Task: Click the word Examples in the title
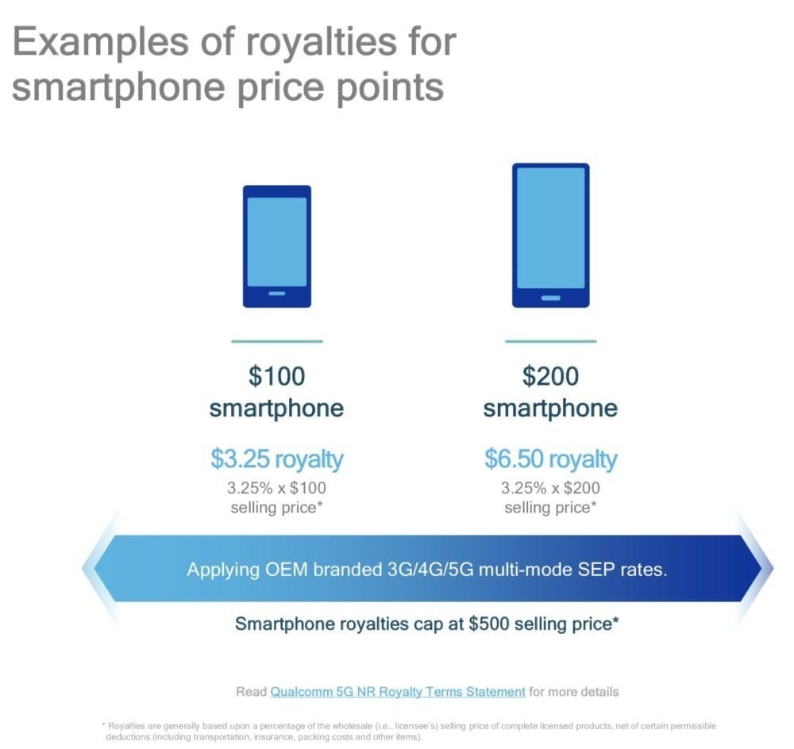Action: pyautogui.click(x=100, y=43)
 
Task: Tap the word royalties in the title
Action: pyautogui.click(x=322, y=43)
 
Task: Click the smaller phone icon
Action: pyautogui.click(x=277, y=247)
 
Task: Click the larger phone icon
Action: pyautogui.click(x=550, y=236)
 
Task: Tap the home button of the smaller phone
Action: pyautogui.click(x=277, y=294)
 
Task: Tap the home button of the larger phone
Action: pyautogui.click(x=550, y=298)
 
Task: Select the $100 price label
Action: pyautogui.click(x=277, y=377)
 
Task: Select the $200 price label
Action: pyautogui.click(x=550, y=377)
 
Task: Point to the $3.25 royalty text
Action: pyautogui.click(x=277, y=459)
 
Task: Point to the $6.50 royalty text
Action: pyautogui.click(x=550, y=459)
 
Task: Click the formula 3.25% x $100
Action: pyautogui.click(x=277, y=488)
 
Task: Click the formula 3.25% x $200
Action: pyautogui.click(x=550, y=488)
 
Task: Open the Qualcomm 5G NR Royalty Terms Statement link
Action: pyautogui.click(x=398, y=692)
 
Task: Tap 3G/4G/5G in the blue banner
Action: pyautogui.click(x=430, y=570)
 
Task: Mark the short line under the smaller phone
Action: pyautogui.click(x=277, y=341)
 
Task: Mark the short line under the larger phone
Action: pyautogui.click(x=550, y=341)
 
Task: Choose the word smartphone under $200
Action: pyautogui.click(x=550, y=409)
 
